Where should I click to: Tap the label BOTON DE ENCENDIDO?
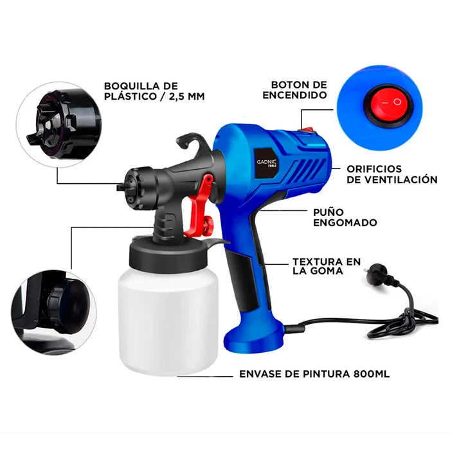tap(294, 90)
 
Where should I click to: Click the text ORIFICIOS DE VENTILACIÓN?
tap(392, 174)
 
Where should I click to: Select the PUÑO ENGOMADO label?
tap(345, 217)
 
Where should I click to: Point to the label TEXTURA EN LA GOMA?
tap(327, 266)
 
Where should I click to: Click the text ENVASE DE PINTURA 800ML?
tap(314, 374)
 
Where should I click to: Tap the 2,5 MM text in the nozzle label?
tap(187, 96)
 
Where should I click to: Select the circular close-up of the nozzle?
tap(59, 124)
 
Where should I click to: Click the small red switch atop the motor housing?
tap(307, 130)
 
